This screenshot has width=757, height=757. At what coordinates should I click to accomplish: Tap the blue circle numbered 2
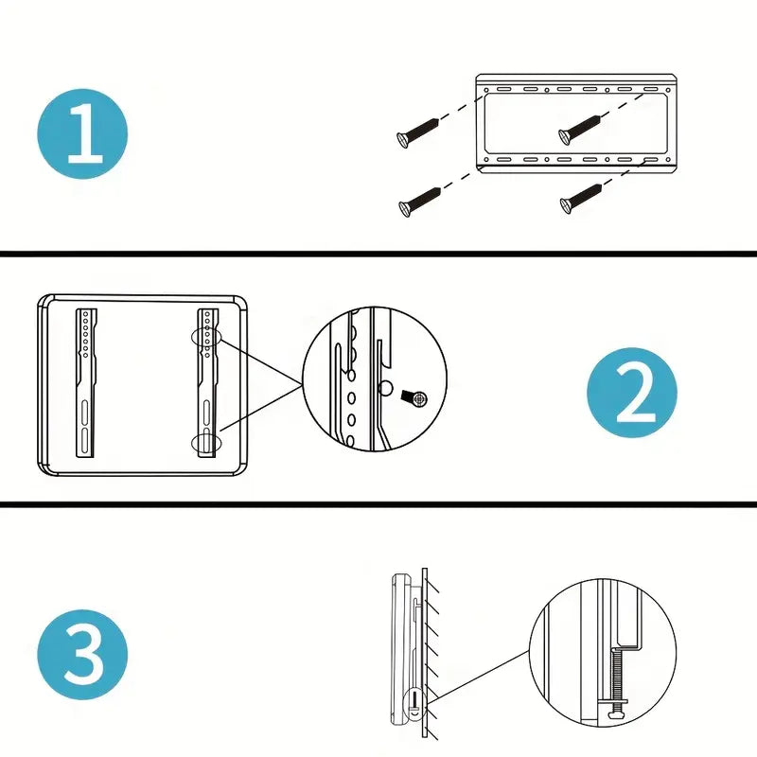pos(632,392)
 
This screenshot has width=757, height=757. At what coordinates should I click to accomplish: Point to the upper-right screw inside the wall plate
pos(580,128)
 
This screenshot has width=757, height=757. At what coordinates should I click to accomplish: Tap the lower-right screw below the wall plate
pos(581,198)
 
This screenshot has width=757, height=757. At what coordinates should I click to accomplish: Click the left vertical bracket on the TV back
pos(85,383)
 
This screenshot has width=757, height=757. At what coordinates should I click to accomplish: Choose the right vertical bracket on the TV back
pos(207,383)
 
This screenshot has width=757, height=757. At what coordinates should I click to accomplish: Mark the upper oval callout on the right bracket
pos(206,337)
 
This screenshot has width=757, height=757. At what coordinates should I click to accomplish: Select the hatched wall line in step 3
pos(427,653)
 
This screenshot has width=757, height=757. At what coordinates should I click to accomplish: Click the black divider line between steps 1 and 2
pos(378,254)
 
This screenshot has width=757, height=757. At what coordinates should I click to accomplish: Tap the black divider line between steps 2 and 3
pos(378,502)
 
